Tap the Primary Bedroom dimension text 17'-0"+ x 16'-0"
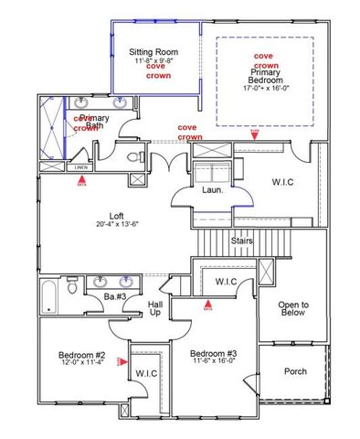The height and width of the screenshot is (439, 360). click(x=265, y=89)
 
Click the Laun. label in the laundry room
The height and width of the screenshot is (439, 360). click(x=214, y=191)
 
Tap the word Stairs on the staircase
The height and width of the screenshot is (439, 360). click(x=241, y=241)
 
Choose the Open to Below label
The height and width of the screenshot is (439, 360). click(x=291, y=310)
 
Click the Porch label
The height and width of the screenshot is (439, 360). click(x=294, y=371)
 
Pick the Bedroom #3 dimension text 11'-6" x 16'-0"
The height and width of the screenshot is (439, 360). click(x=216, y=362)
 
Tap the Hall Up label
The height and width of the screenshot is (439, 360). click(x=155, y=308)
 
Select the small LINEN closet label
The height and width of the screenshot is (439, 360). click(x=80, y=167)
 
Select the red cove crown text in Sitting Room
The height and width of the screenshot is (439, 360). click(x=156, y=70)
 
